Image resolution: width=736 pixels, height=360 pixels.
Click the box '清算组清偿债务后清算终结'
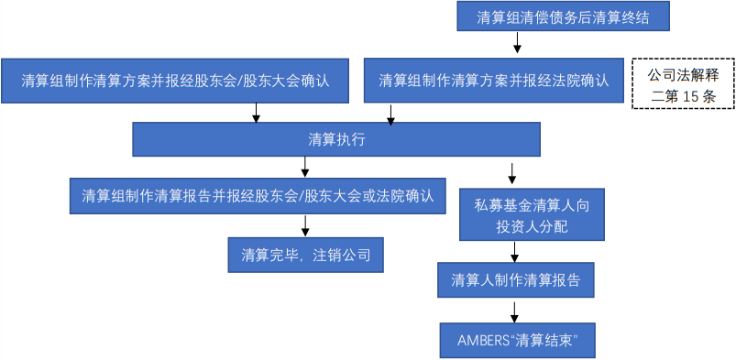pos(562,17)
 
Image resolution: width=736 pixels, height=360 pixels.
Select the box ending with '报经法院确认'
pos(493,81)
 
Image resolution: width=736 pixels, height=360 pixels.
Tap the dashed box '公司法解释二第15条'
pos(682,83)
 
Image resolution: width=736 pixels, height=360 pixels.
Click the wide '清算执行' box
pos(336,139)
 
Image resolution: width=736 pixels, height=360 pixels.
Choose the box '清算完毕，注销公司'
pos(305,255)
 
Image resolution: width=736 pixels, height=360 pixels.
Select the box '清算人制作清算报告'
pos(516,280)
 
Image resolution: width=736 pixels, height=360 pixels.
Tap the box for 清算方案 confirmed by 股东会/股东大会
pos(175,81)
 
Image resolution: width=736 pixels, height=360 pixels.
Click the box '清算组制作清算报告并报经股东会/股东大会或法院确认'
pos(258,195)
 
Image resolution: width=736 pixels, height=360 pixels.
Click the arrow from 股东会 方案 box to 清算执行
pos(256,112)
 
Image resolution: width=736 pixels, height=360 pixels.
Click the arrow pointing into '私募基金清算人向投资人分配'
pos(511,172)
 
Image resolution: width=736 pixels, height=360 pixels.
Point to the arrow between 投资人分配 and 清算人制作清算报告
pos(515,251)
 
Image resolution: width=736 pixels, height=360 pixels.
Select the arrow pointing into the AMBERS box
pos(515,311)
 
